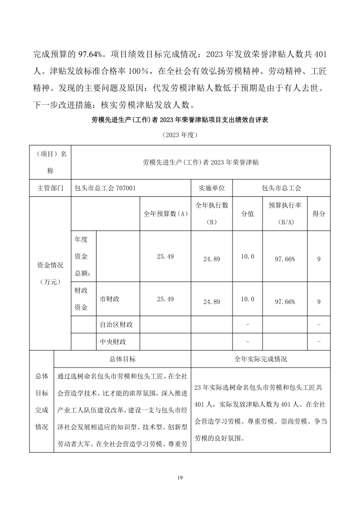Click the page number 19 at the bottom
pyautogui.click(x=180, y=477)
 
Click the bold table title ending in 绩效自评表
pyautogui.click(x=180, y=121)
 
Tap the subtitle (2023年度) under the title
pyautogui.click(x=180, y=135)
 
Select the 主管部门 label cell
pyautogui.click(x=50, y=187)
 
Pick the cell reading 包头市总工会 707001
pyautogui.click(x=105, y=187)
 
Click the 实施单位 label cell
pyautogui.click(x=212, y=187)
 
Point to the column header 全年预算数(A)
pyautogui.click(x=165, y=214)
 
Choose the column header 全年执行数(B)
pyautogui.click(x=212, y=214)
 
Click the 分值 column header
pyautogui.click(x=247, y=214)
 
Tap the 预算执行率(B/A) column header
pyautogui.click(x=285, y=214)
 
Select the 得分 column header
pyautogui.click(x=319, y=214)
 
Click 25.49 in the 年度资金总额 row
pyautogui.click(x=165, y=257)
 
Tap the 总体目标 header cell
pyautogui.click(x=122, y=359)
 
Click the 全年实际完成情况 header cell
pyautogui.click(x=260, y=359)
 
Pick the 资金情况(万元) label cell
pyautogui.click(x=50, y=273)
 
